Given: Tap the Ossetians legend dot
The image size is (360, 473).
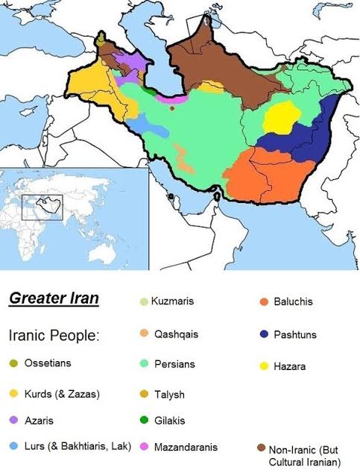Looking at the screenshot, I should [14, 364].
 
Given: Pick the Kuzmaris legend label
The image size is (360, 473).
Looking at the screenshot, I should [172, 301].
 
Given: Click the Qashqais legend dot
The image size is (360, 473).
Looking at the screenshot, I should [144, 334].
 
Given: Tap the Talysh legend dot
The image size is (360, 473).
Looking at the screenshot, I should [144, 393].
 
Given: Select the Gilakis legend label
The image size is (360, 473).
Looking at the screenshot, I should [169, 421].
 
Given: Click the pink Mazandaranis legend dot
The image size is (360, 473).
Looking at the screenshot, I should [144, 448].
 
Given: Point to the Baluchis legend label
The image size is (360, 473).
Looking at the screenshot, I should [292, 301].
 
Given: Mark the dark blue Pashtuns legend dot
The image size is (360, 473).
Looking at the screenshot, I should [262, 334].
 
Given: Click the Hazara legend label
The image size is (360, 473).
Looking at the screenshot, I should [290, 366].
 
